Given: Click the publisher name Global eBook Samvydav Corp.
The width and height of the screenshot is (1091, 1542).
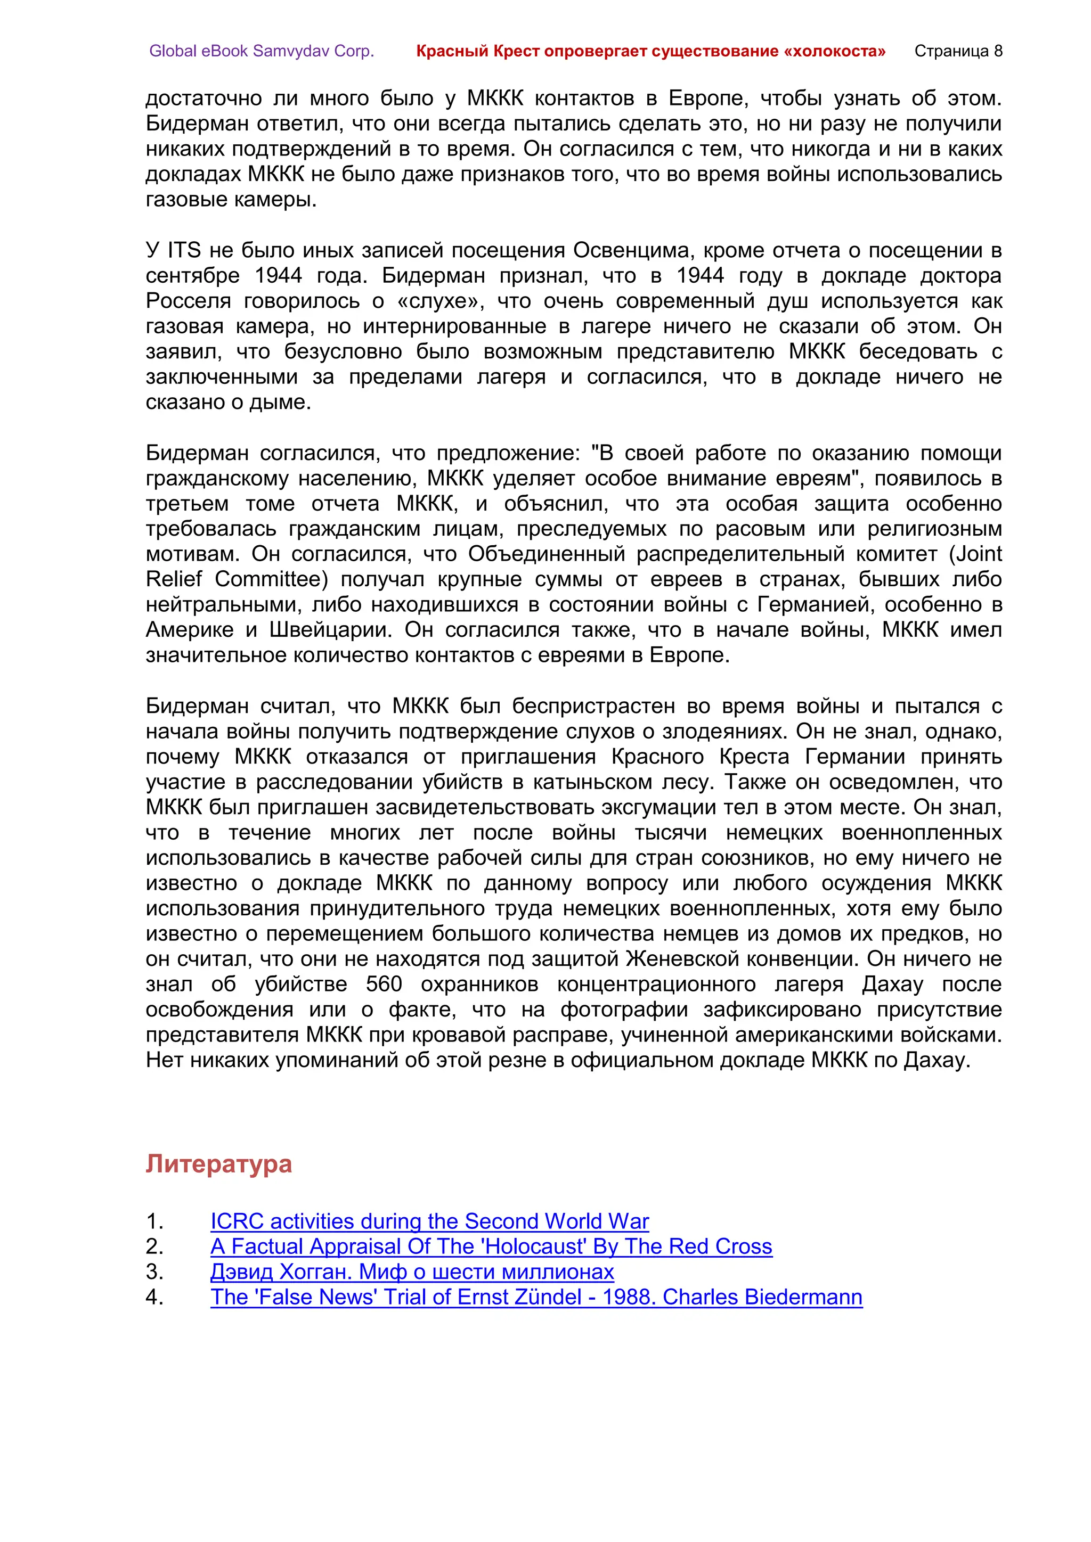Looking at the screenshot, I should click(x=262, y=51).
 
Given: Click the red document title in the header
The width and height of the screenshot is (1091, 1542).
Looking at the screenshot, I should click(x=650, y=51).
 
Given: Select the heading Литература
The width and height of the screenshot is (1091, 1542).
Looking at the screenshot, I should click(x=218, y=1164).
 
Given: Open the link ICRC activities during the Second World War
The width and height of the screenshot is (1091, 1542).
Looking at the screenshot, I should click(x=429, y=1221).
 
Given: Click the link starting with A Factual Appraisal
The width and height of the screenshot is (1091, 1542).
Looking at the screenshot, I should click(x=491, y=1246).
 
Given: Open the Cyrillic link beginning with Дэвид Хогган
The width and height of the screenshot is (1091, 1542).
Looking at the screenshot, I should click(x=412, y=1272).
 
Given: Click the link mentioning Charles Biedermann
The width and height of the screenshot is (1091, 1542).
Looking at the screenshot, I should click(x=536, y=1297).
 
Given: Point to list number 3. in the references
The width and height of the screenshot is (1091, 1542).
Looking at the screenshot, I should click(x=154, y=1272).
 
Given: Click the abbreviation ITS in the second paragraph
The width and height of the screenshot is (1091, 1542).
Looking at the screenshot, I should click(x=184, y=250).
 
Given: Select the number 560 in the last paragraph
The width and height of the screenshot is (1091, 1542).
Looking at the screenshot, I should click(x=384, y=984).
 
